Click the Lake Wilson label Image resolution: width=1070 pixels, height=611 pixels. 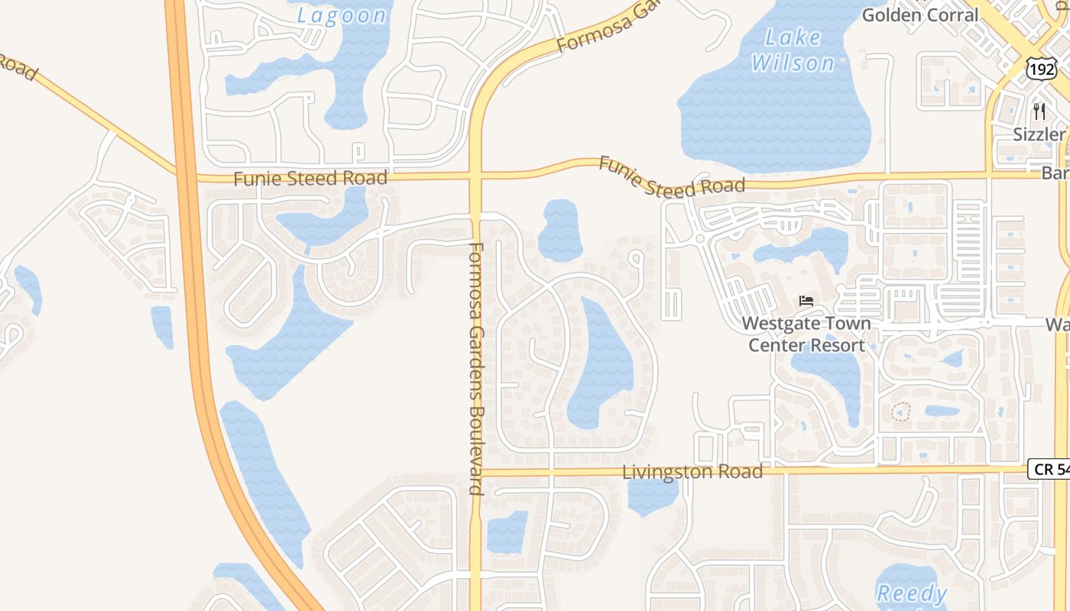(793, 50)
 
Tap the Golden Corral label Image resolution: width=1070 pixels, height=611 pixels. (919, 14)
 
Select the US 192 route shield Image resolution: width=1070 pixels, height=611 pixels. (1041, 70)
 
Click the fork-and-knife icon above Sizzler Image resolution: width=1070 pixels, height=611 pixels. (1039, 112)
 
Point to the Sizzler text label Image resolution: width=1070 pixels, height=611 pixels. (1039, 135)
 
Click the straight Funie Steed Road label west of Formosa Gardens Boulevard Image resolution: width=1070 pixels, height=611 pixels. (310, 179)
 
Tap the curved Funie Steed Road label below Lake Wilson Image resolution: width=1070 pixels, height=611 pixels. (671, 177)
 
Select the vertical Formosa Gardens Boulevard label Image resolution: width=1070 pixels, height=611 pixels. (475, 368)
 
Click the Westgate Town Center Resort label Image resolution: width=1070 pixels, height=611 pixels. (806, 334)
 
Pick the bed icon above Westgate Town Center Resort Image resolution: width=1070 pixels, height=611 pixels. (806, 301)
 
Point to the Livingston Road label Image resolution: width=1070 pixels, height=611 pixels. (692, 472)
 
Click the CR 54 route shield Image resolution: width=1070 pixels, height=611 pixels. (1050, 469)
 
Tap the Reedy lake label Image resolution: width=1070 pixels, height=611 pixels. (911, 593)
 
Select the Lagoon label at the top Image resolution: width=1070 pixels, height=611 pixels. (342, 15)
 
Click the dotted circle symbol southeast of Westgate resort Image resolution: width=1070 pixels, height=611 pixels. (901, 412)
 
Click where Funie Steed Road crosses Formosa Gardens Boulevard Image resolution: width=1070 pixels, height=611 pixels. (475, 176)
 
